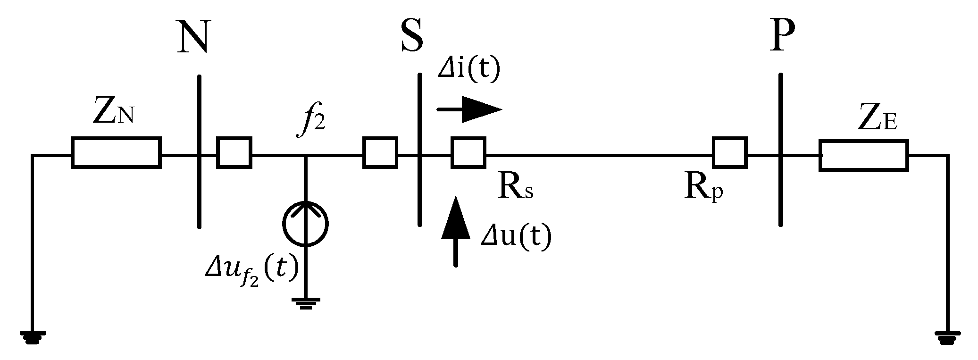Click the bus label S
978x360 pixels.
pos(412,36)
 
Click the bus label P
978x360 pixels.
pos(782,36)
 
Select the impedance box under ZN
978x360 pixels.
pos(117,152)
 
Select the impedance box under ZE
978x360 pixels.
pos(863,155)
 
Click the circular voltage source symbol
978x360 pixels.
pos(306,224)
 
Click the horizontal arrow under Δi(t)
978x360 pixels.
pos(469,109)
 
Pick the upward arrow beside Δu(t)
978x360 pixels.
pos(456,231)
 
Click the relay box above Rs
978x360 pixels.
pos(468,152)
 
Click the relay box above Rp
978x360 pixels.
pos(729,152)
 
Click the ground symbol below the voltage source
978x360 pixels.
pos(306,302)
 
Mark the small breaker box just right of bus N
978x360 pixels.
pos(234,152)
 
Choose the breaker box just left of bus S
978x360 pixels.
pos(380,152)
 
